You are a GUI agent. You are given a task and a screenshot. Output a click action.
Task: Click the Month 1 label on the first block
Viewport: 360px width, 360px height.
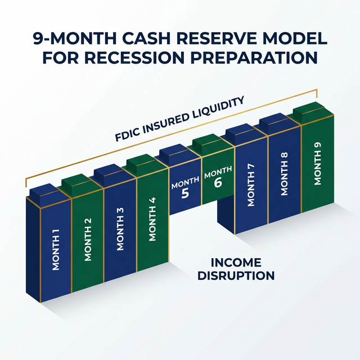(x=56, y=254)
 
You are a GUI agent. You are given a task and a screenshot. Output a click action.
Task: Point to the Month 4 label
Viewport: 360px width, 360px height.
(x=152, y=225)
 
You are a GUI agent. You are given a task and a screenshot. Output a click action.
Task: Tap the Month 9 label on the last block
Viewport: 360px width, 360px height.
(x=318, y=169)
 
